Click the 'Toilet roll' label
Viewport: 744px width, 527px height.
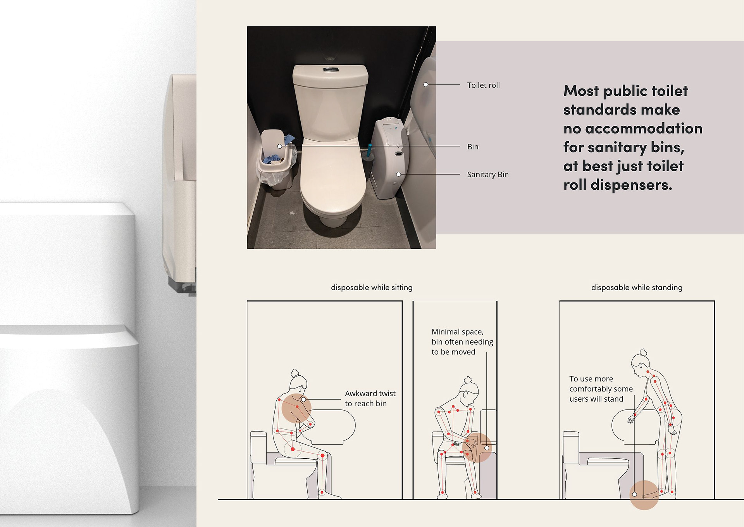pos(483,85)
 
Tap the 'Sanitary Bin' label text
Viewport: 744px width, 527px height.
pos(487,175)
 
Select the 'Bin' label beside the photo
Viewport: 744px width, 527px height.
pos(473,147)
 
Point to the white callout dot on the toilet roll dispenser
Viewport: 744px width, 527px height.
pos(426,85)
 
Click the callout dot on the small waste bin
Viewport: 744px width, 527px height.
pos(280,146)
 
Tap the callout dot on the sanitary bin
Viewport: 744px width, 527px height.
pos(398,174)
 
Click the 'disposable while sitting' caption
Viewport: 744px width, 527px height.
pos(372,288)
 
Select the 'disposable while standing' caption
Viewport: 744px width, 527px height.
pos(637,288)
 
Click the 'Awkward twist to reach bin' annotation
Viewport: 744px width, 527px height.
pos(370,399)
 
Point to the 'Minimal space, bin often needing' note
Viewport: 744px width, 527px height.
pos(462,337)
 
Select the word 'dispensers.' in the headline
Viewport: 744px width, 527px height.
pos(631,185)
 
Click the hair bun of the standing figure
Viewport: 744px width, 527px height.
pos(643,352)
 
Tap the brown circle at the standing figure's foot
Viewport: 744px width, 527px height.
pos(644,495)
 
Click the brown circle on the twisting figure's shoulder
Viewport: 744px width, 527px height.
pos(296,408)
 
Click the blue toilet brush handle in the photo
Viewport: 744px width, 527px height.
pos(370,150)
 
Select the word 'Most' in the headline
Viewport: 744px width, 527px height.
pos(581,91)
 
